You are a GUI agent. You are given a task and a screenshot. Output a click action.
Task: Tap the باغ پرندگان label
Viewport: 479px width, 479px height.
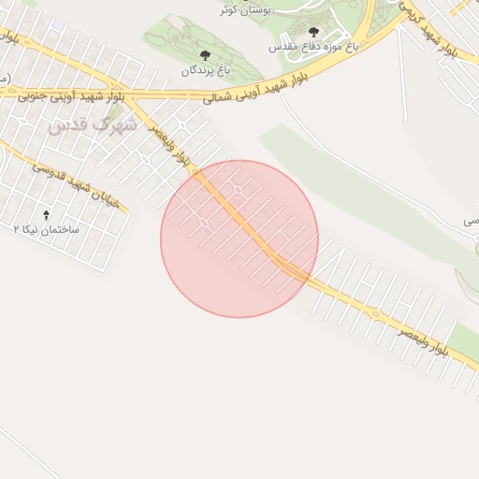pyautogui.click(x=205, y=70)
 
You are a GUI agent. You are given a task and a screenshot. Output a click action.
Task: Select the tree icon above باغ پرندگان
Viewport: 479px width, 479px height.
pyautogui.click(x=205, y=56)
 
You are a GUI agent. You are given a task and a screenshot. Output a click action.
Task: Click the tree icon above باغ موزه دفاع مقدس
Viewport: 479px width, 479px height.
pyautogui.click(x=313, y=32)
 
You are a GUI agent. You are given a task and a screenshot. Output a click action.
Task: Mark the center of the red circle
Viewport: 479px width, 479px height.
pyautogui.click(x=239, y=239)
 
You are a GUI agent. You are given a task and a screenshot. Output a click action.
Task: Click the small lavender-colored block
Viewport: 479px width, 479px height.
pyautogui.click(x=61, y=23)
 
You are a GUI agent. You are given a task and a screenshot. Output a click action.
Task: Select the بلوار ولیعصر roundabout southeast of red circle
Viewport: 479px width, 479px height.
pyautogui.click(x=375, y=314)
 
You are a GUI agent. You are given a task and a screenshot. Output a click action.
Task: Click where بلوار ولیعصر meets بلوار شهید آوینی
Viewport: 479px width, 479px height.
pyautogui.click(x=131, y=95)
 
